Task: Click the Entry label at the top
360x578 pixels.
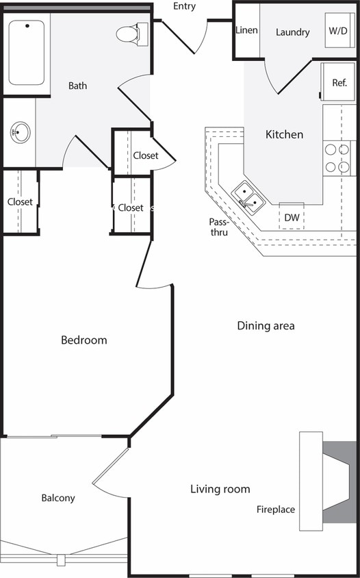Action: [184, 7]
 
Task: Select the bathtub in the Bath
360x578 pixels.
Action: [27, 52]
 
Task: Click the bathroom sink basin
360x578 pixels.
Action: [20, 132]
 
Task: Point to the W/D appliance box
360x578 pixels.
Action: [337, 32]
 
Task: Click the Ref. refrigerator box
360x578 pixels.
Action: [339, 82]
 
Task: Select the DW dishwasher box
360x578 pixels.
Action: [292, 217]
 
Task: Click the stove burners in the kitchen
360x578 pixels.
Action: [339, 158]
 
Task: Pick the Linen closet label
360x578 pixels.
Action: [246, 32]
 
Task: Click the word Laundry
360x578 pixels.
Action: [293, 32]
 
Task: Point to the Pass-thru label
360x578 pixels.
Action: [219, 227]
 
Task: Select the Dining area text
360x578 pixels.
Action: [266, 326]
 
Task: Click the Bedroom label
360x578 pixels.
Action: [83, 340]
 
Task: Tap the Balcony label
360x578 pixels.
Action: [58, 499]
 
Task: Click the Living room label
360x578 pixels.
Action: [220, 489]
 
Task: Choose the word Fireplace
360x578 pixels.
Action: [276, 510]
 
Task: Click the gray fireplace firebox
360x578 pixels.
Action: [340, 482]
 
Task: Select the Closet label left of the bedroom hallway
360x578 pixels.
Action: [20, 202]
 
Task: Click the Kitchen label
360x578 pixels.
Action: [284, 135]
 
